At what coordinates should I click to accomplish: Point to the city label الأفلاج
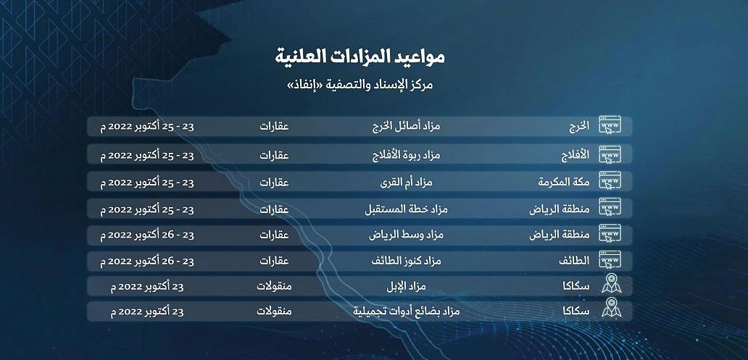pos(573,154)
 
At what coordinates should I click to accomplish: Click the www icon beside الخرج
pos(610,127)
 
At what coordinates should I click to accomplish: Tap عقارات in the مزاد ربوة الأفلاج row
pos(275,154)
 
